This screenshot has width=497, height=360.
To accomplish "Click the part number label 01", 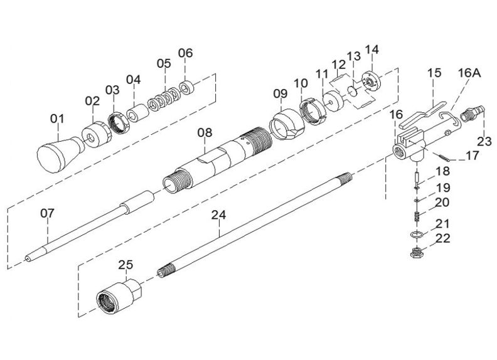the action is point(57,119).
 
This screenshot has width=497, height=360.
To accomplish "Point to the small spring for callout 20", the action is point(417,216).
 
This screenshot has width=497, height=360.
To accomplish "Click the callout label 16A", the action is point(469,73).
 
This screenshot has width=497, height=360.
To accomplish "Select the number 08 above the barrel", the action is point(205,132).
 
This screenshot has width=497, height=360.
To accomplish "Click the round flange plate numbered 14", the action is point(370,82).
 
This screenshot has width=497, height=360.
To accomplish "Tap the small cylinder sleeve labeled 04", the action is point(137,114).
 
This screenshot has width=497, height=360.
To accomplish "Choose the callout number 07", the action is point(48,213).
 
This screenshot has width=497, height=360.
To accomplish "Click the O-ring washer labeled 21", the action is point(416,234).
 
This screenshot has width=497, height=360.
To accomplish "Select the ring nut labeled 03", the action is point(119,123).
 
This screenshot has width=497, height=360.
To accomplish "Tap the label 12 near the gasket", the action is point(338,65).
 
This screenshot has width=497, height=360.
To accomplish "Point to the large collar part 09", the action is point(286,124).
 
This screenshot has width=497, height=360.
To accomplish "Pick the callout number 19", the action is point(443,188).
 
